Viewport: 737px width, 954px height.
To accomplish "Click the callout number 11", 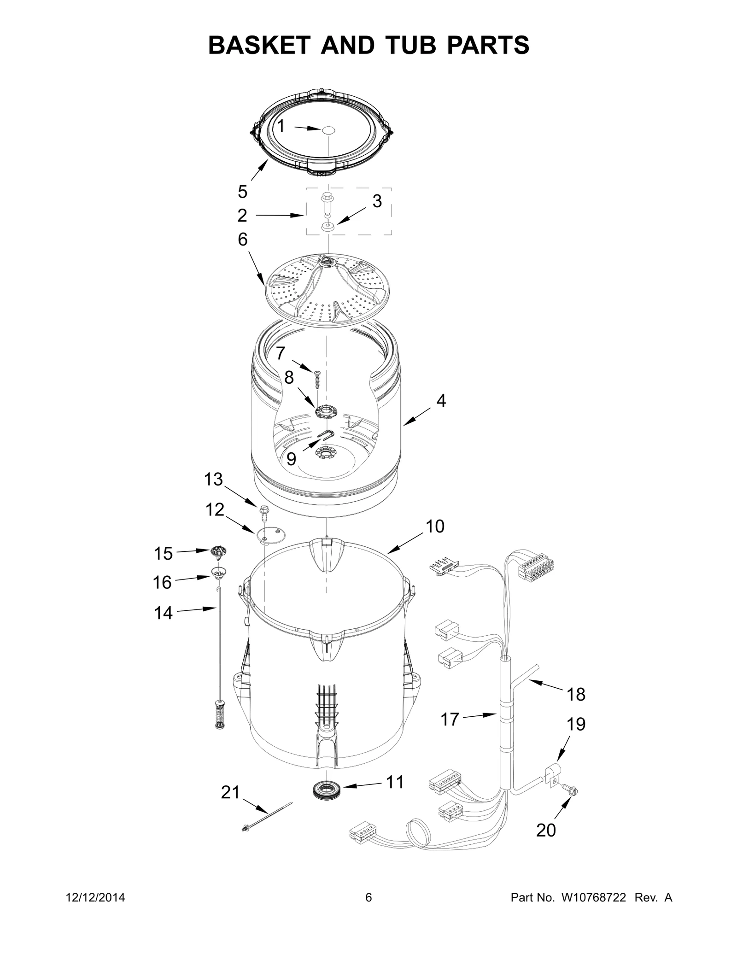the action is coord(394,782).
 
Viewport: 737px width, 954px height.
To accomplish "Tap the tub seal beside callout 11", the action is coord(325,790).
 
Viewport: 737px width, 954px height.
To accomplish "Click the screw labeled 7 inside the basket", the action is coord(317,380).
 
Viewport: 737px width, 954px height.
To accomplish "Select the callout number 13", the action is coord(213,480).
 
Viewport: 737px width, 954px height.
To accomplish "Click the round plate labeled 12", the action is coord(270,535).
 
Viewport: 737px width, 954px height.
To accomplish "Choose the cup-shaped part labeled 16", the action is coord(219,572).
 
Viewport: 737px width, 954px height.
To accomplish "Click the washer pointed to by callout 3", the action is coord(328,227).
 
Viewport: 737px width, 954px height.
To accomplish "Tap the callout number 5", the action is coord(243,191).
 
